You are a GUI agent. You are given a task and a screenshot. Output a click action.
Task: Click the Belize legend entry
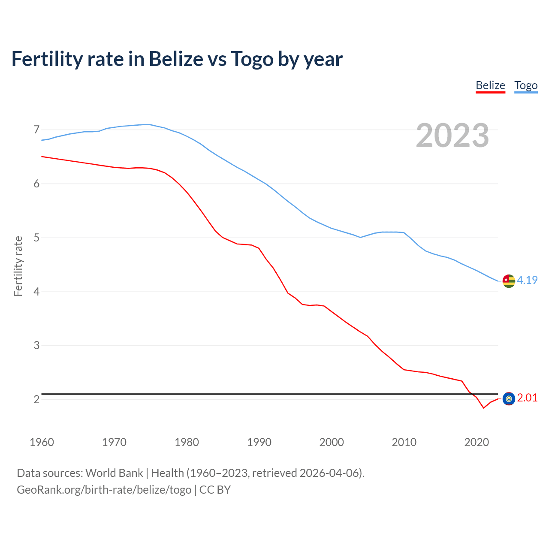[490, 85]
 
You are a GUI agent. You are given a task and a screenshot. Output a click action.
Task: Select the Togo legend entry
[526, 85]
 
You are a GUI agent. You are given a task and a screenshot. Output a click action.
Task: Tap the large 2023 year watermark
[452, 136]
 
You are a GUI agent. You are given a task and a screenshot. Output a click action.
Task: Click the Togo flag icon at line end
[509, 281]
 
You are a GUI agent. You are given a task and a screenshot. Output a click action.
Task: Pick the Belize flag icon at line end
[509, 398]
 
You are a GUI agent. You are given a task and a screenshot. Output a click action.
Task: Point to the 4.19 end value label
[527, 280]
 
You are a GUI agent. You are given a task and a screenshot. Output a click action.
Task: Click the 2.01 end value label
[527, 398]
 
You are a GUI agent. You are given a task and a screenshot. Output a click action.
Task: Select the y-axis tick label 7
[36, 130]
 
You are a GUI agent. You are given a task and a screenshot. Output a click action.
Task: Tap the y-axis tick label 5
[36, 238]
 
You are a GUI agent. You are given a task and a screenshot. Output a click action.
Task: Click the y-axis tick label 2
[36, 399]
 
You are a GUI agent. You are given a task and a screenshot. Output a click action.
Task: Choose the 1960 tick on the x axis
[42, 442]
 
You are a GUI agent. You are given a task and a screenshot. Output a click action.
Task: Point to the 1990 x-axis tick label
[259, 442]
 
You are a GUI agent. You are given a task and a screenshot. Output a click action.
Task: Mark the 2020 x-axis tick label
[477, 442]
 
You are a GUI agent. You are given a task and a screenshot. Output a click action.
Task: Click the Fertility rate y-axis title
[18, 266]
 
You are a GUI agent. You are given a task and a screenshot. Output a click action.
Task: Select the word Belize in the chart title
[176, 59]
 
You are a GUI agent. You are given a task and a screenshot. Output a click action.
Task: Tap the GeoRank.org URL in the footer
[104, 489]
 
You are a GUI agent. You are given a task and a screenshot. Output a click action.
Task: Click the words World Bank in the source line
[114, 473]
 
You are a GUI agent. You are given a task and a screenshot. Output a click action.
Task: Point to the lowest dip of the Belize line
[483, 407]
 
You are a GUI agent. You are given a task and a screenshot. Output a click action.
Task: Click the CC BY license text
[215, 489]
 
